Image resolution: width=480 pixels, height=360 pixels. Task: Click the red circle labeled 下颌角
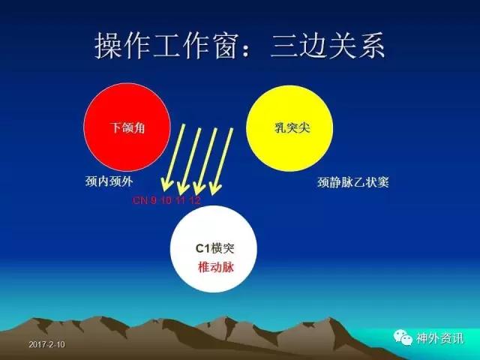click(x=127, y=127)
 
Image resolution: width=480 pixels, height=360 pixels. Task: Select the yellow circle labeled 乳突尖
click(x=289, y=128)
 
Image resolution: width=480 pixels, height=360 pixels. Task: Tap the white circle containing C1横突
click(x=214, y=249)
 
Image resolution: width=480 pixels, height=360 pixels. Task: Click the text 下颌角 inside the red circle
click(x=127, y=127)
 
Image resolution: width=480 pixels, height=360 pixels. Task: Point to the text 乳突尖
click(x=292, y=127)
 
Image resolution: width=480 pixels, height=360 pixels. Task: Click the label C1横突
click(x=214, y=248)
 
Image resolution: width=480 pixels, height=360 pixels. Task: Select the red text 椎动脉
click(x=216, y=267)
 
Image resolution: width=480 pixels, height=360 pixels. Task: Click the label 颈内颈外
click(x=109, y=181)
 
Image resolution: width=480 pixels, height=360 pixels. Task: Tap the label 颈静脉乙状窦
click(x=353, y=182)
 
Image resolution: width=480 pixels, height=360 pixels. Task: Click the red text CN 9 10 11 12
click(x=166, y=200)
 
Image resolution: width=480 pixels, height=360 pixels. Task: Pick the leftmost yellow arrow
click(x=174, y=157)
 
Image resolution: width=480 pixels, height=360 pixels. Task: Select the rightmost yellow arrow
click(x=221, y=161)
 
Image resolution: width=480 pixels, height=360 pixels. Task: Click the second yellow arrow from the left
click(x=190, y=160)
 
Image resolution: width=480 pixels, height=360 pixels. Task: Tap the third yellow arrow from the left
click(x=205, y=160)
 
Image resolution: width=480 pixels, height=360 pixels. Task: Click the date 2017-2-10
click(x=46, y=345)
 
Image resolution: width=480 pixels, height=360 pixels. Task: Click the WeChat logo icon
click(x=403, y=337)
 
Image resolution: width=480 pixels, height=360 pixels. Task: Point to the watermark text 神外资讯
click(x=440, y=338)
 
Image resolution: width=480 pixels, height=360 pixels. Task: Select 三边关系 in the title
click(x=328, y=46)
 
